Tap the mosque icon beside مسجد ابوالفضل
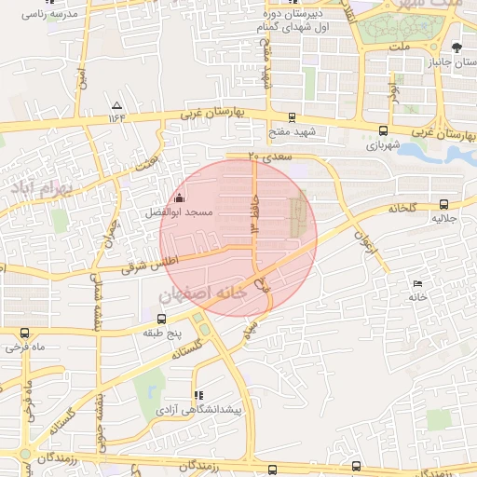coord(179,198)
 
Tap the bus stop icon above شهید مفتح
coord(293,117)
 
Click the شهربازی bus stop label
coord(382,145)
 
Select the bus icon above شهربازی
coord(383,130)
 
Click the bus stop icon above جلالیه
coord(443,204)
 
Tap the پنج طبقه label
coord(165,332)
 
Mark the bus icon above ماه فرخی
coord(24,333)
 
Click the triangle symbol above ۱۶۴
coord(116,105)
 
